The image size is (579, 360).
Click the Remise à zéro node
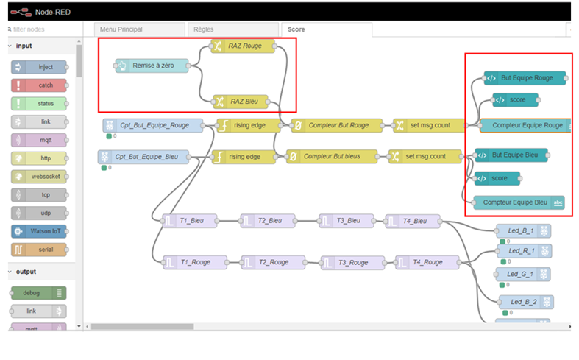pos(152,66)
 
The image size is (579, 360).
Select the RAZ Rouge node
pos(243,46)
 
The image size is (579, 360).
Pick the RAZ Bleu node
pos(241,102)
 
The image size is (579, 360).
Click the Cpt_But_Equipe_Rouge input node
pos(153,126)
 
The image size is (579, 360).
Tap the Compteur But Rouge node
pos(336,126)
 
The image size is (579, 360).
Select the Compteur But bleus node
pos(332,157)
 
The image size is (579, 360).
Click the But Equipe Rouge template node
pos(525,78)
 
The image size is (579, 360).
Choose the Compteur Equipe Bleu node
pos(519,202)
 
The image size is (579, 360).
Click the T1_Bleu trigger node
pos(189,221)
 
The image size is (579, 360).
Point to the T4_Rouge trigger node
pos(427,262)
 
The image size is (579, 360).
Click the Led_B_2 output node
pos(526,302)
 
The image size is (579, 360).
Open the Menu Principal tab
pos(140,29)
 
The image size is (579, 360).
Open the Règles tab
pos(233,29)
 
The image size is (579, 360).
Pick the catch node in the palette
pos(39,85)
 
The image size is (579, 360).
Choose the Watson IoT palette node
pos(39,231)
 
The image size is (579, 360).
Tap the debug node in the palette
pos(39,293)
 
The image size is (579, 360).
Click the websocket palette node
pos(39,177)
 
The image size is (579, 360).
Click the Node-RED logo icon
pos(21,13)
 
